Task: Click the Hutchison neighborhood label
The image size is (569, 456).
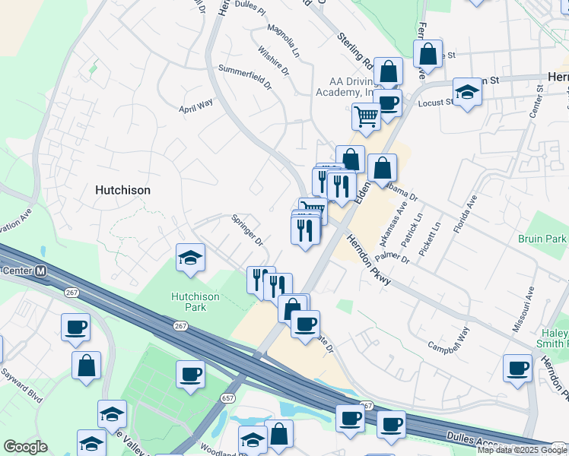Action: coord(122,190)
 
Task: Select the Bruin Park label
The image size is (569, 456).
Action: coord(543,239)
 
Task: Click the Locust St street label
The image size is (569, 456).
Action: coord(436,101)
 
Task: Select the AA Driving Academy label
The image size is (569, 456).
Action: coord(342,87)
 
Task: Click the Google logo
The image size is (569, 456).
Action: coord(25,447)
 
